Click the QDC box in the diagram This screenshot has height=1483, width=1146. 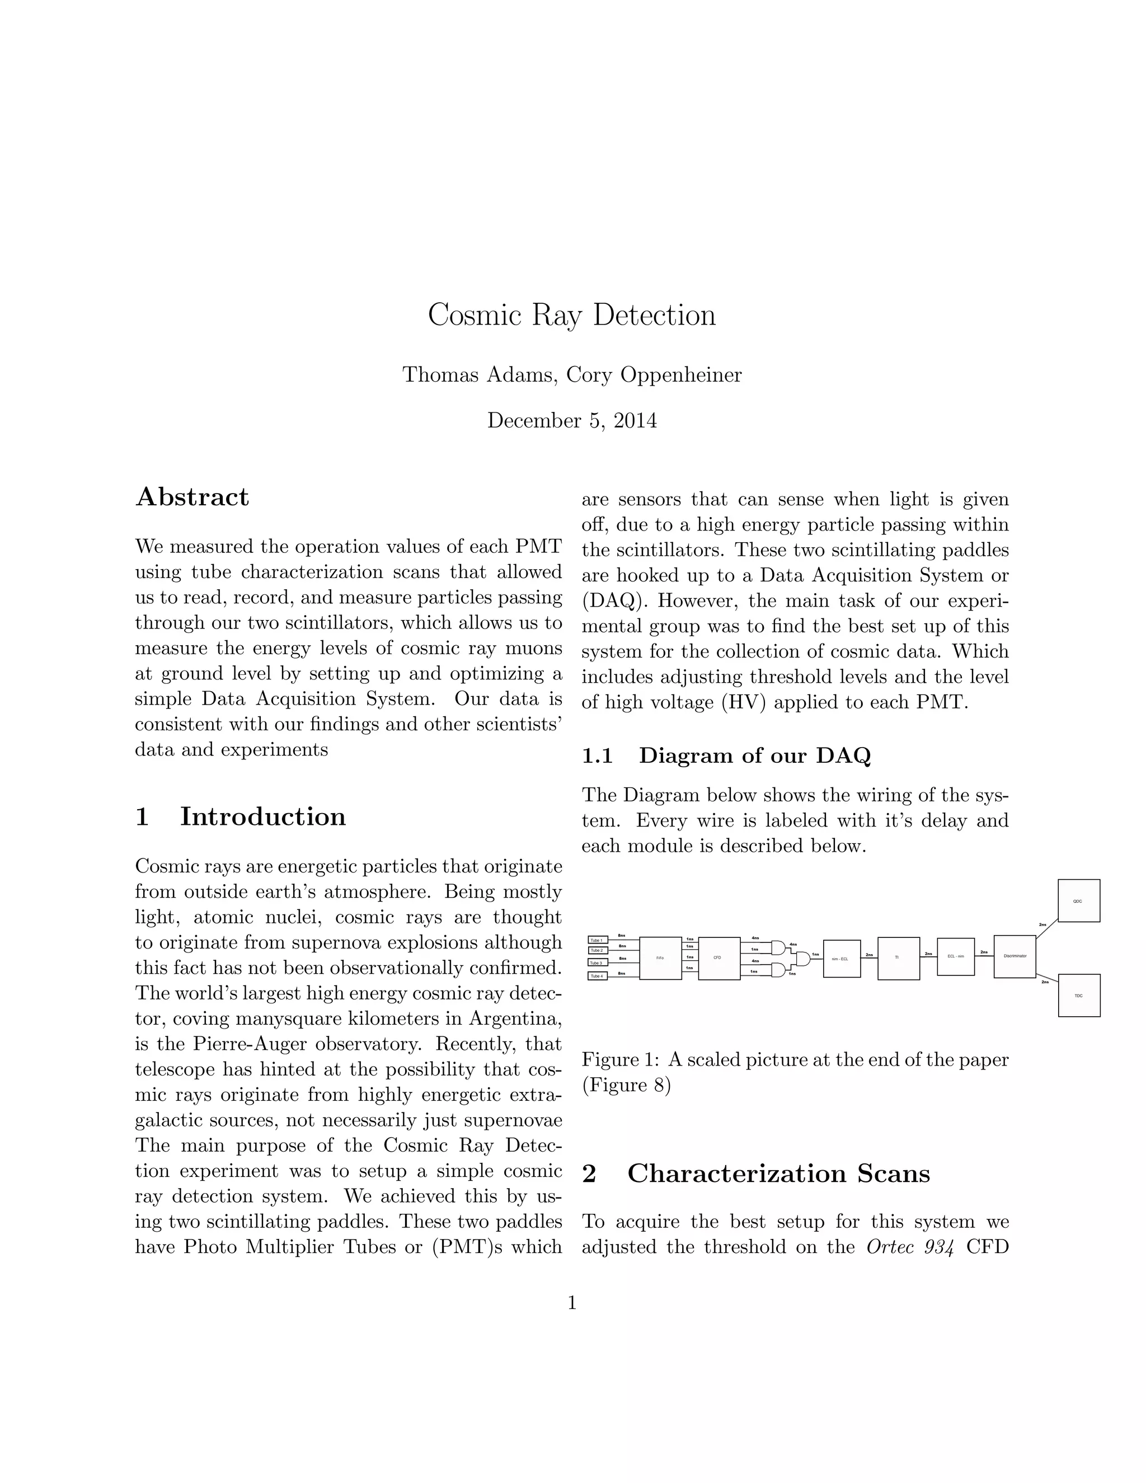click(1078, 900)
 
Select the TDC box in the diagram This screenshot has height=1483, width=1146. click(1078, 996)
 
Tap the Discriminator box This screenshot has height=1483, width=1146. click(1015, 956)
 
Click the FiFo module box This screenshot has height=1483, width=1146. click(660, 958)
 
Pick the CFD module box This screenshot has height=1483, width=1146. click(718, 958)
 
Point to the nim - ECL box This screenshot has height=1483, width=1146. click(841, 958)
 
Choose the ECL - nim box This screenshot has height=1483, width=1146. click(955, 956)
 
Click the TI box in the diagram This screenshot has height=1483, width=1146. click(898, 958)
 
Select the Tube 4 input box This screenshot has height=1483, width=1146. click(597, 976)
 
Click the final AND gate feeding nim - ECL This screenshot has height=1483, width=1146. click(803, 958)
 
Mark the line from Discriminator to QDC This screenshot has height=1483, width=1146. click(1046, 927)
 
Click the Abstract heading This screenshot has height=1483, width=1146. click(192, 497)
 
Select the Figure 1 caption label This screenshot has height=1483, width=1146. click(620, 1059)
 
